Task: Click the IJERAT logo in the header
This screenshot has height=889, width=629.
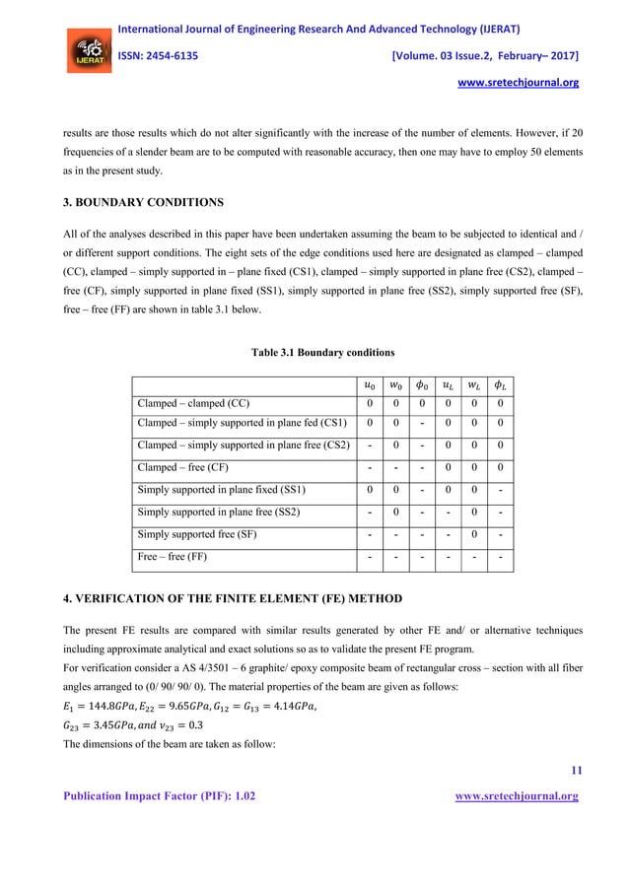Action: coord(87,52)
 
